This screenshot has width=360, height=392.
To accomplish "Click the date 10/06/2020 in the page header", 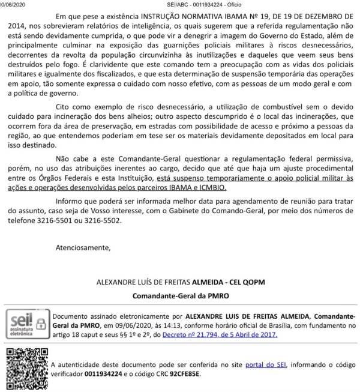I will click(x=12, y=4).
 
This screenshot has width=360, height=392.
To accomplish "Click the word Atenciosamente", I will click(x=83, y=247).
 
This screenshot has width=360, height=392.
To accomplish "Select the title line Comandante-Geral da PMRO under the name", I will click(x=181, y=296).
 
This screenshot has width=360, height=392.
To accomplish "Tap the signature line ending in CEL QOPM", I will click(x=181, y=282).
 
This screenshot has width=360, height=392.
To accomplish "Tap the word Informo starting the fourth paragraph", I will click(x=71, y=201).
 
